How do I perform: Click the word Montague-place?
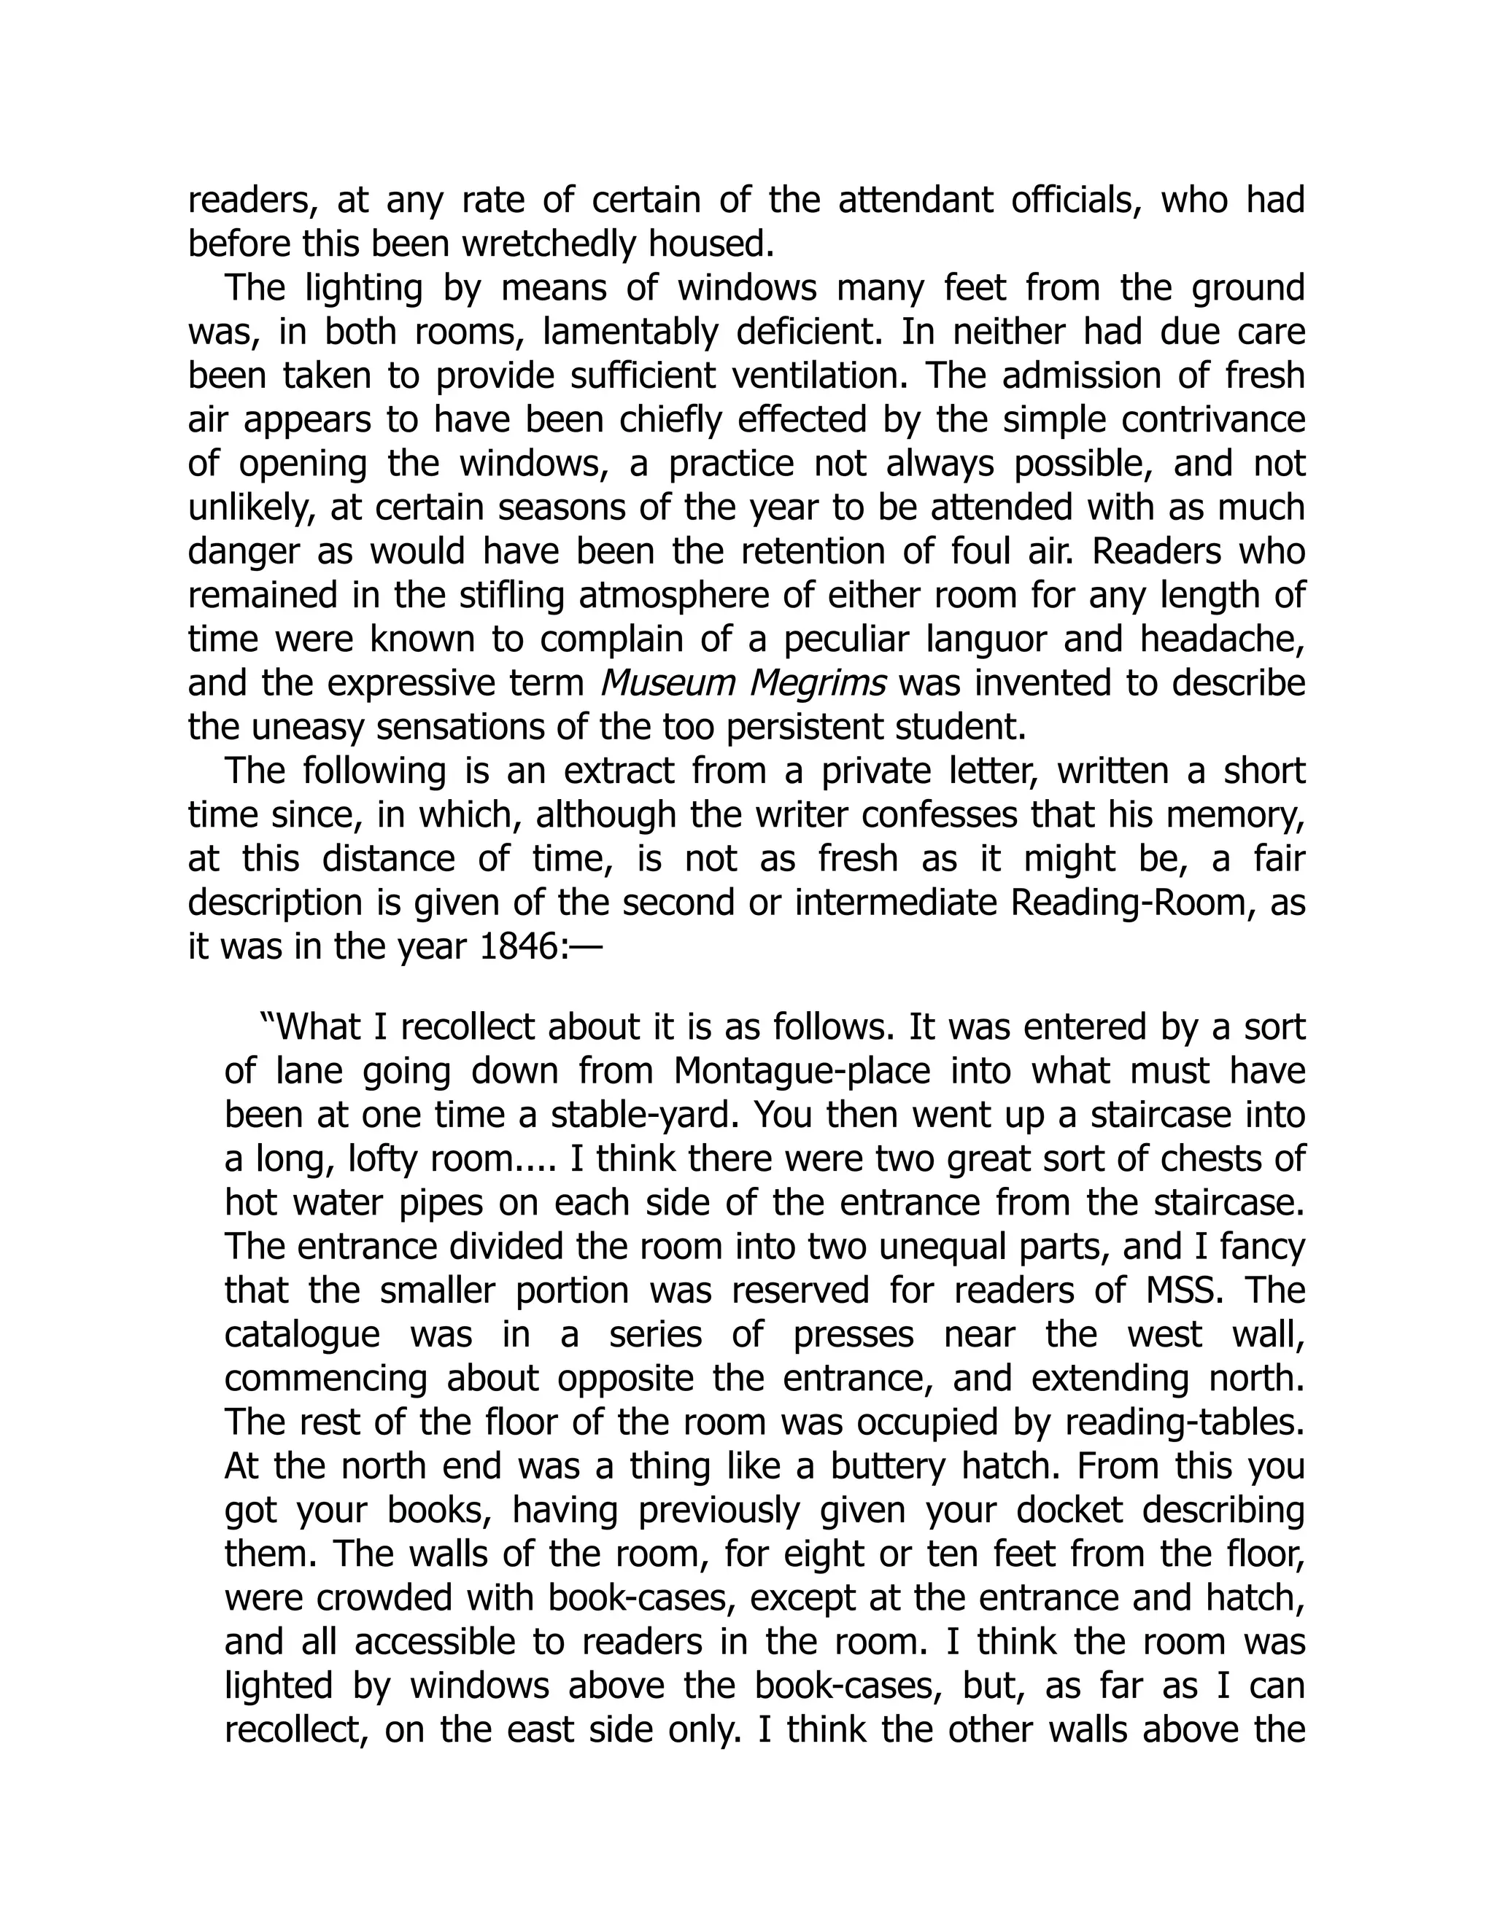(802, 1071)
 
